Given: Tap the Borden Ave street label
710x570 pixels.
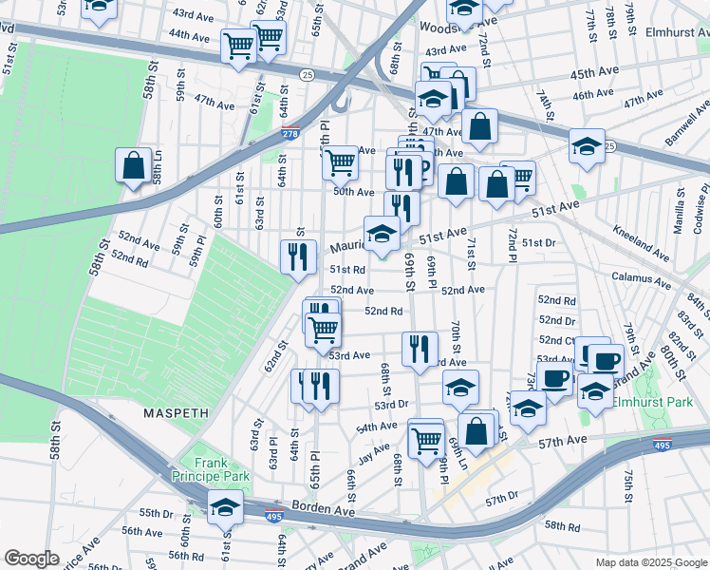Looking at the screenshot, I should coord(323,510).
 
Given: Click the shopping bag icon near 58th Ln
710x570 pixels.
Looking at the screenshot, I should coord(134,166).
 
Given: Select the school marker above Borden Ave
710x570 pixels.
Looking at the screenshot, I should coord(225,506).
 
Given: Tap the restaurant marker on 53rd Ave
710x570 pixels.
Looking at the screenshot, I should coord(420,348).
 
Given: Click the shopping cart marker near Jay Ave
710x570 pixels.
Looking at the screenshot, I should coord(426,440).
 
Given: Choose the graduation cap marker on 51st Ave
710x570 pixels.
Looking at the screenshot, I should coord(382,233).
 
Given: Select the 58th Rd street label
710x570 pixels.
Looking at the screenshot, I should coord(562,525).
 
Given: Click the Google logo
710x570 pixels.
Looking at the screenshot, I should coord(31,558).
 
